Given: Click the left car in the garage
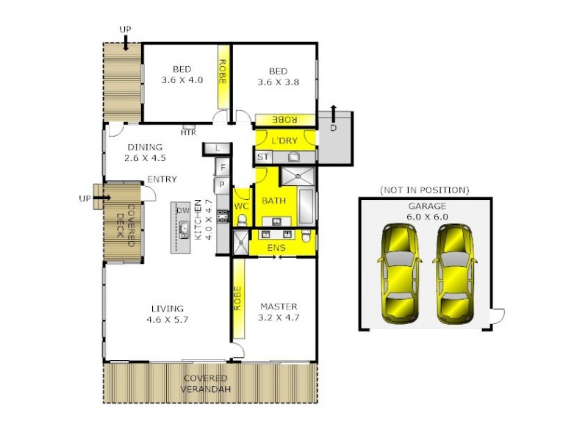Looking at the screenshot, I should click(400, 274).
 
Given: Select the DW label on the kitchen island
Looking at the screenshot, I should click(183, 211).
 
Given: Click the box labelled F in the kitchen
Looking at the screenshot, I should click(221, 168).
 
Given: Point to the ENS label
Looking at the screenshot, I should click(276, 248).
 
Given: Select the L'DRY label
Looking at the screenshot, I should click(284, 140).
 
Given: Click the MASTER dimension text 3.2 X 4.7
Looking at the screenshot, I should click(279, 318).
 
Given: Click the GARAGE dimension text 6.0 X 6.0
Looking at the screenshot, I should click(426, 217).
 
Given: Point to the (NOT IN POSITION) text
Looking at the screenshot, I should click(424, 190).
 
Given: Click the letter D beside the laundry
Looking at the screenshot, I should click(334, 128).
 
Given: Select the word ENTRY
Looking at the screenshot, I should click(162, 179).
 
